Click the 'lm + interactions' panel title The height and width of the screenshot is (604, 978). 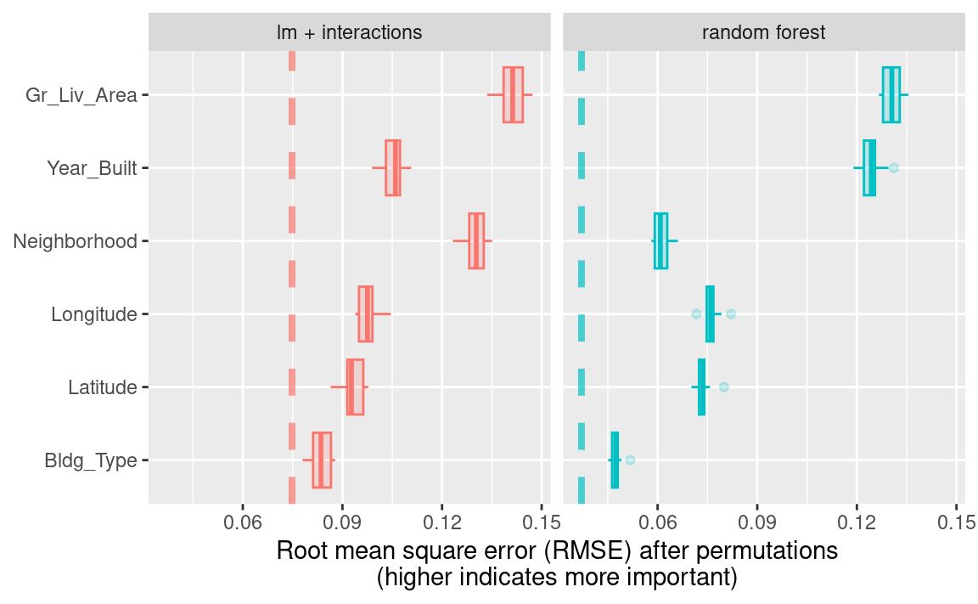point(349,33)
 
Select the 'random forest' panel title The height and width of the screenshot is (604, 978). point(764,33)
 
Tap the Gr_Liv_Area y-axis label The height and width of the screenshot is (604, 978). point(81,95)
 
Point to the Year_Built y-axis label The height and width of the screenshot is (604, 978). point(93,168)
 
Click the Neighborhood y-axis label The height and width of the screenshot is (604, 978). point(76,241)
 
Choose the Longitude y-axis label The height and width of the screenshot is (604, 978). point(94,314)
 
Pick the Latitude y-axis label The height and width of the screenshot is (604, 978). point(103,387)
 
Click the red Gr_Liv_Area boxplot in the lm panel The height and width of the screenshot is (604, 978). point(513,95)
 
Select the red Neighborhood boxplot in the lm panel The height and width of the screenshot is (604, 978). point(476,241)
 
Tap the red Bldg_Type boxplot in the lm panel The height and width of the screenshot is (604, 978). point(322,460)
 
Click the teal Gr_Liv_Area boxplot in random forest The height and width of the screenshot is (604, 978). point(891,95)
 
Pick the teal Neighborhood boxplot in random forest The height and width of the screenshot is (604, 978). point(660,241)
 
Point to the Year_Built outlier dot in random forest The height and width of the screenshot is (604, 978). point(893,168)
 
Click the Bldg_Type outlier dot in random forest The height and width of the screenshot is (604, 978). point(630,460)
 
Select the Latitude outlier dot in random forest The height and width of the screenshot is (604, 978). point(723,387)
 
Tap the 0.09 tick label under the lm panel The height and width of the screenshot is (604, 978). point(342,519)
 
